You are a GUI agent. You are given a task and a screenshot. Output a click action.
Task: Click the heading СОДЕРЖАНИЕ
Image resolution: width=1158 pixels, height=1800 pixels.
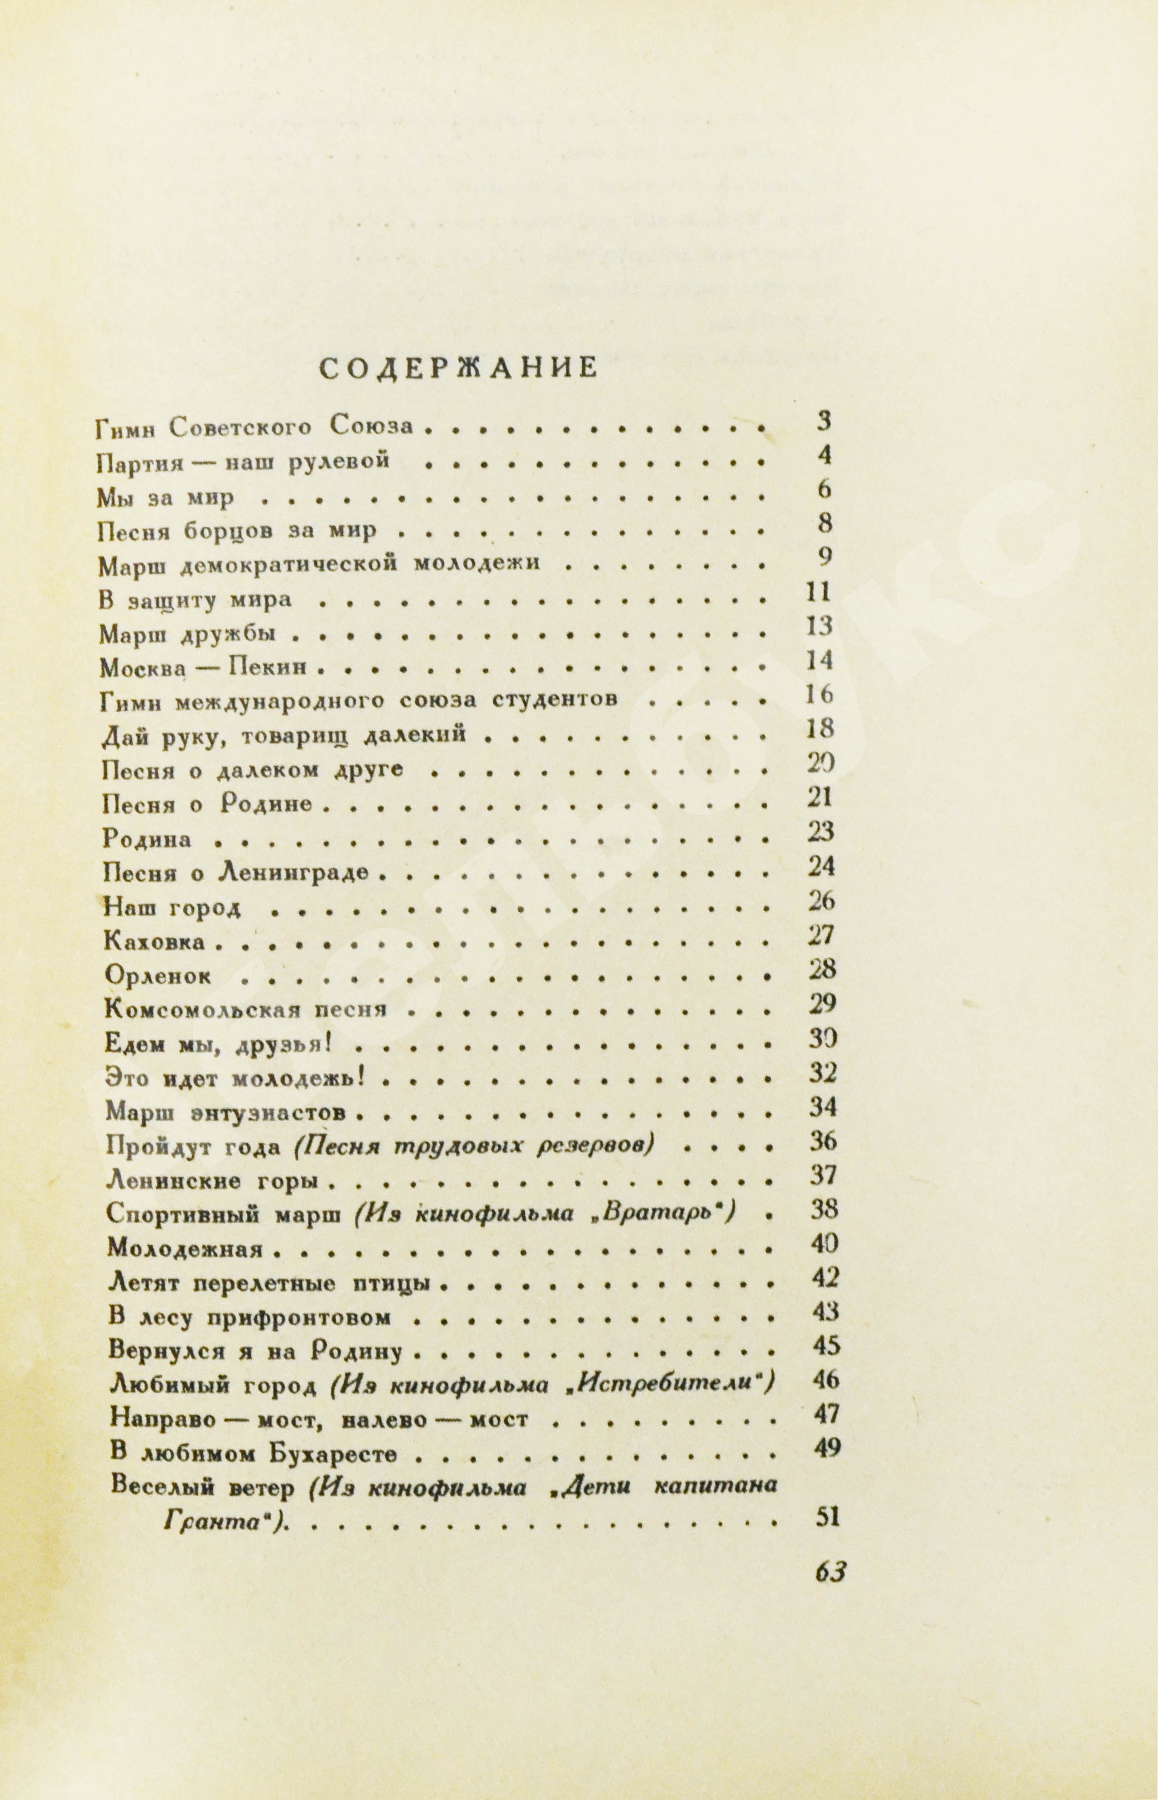(x=459, y=369)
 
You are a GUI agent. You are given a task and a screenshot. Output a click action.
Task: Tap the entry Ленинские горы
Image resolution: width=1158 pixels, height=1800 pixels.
(x=210, y=1181)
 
